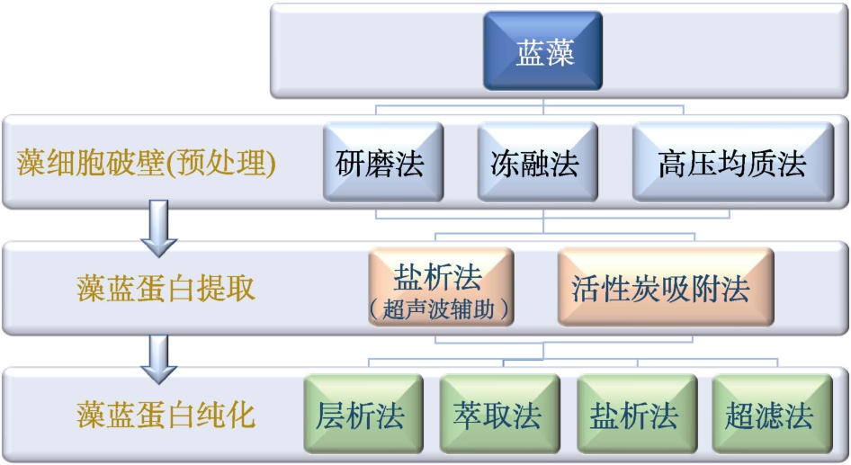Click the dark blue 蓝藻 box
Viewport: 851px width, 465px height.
[x=543, y=51]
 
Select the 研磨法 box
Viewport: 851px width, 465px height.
[x=383, y=162]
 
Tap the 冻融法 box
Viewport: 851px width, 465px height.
[x=538, y=162]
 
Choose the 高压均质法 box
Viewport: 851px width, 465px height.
[x=733, y=162]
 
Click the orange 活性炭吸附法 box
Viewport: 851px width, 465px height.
[x=666, y=287]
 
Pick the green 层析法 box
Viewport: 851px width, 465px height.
[x=363, y=414]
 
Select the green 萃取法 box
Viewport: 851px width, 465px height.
[x=500, y=414]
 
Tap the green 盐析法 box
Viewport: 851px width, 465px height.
[x=637, y=414]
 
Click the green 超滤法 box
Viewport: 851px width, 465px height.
[x=773, y=414]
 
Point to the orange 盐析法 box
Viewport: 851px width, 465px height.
[x=441, y=287]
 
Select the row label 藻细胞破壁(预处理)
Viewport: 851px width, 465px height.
[x=146, y=163]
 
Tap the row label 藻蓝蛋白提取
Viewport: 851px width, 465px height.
[x=166, y=288]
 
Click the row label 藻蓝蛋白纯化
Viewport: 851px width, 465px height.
[x=166, y=415]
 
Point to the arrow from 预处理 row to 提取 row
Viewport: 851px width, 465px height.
[x=158, y=228]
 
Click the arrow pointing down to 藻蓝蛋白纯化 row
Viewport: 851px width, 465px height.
[x=158, y=359]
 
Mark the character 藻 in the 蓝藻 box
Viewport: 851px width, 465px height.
[x=560, y=53]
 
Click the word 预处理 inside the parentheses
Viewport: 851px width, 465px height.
[x=221, y=163]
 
